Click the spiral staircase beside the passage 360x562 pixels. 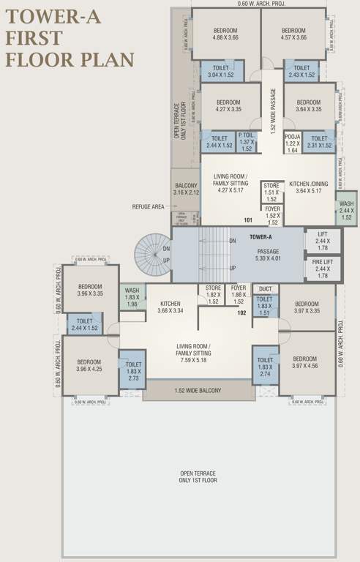pyautogui.click(x=152, y=253)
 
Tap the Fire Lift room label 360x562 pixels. pyautogui.click(x=323, y=269)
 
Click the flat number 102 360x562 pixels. pyautogui.click(x=241, y=312)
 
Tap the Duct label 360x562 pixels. pyautogui.click(x=265, y=288)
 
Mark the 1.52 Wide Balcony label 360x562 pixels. pyautogui.click(x=198, y=391)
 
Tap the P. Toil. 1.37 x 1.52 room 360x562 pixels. pyautogui.click(x=247, y=141)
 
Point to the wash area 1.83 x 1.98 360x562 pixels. pyautogui.click(x=132, y=297)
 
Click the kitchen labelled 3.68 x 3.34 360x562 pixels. pyautogui.click(x=170, y=307)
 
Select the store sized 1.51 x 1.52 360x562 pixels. pyautogui.click(x=271, y=192)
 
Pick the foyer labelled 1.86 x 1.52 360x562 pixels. pyautogui.click(x=239, y=293)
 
